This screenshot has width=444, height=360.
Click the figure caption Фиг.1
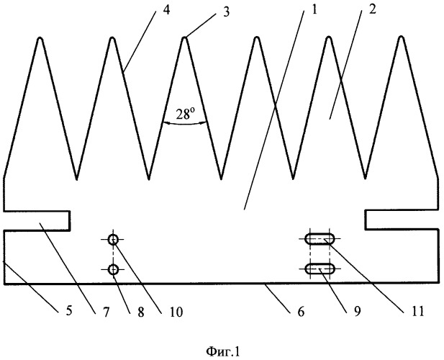(221, 351)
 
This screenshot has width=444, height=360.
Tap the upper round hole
(114, 240)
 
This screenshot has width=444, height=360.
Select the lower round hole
(114, 270)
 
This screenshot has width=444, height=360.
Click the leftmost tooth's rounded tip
(40, 40)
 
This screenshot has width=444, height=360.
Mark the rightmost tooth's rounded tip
(402, 40)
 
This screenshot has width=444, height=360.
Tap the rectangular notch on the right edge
(402, 219)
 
